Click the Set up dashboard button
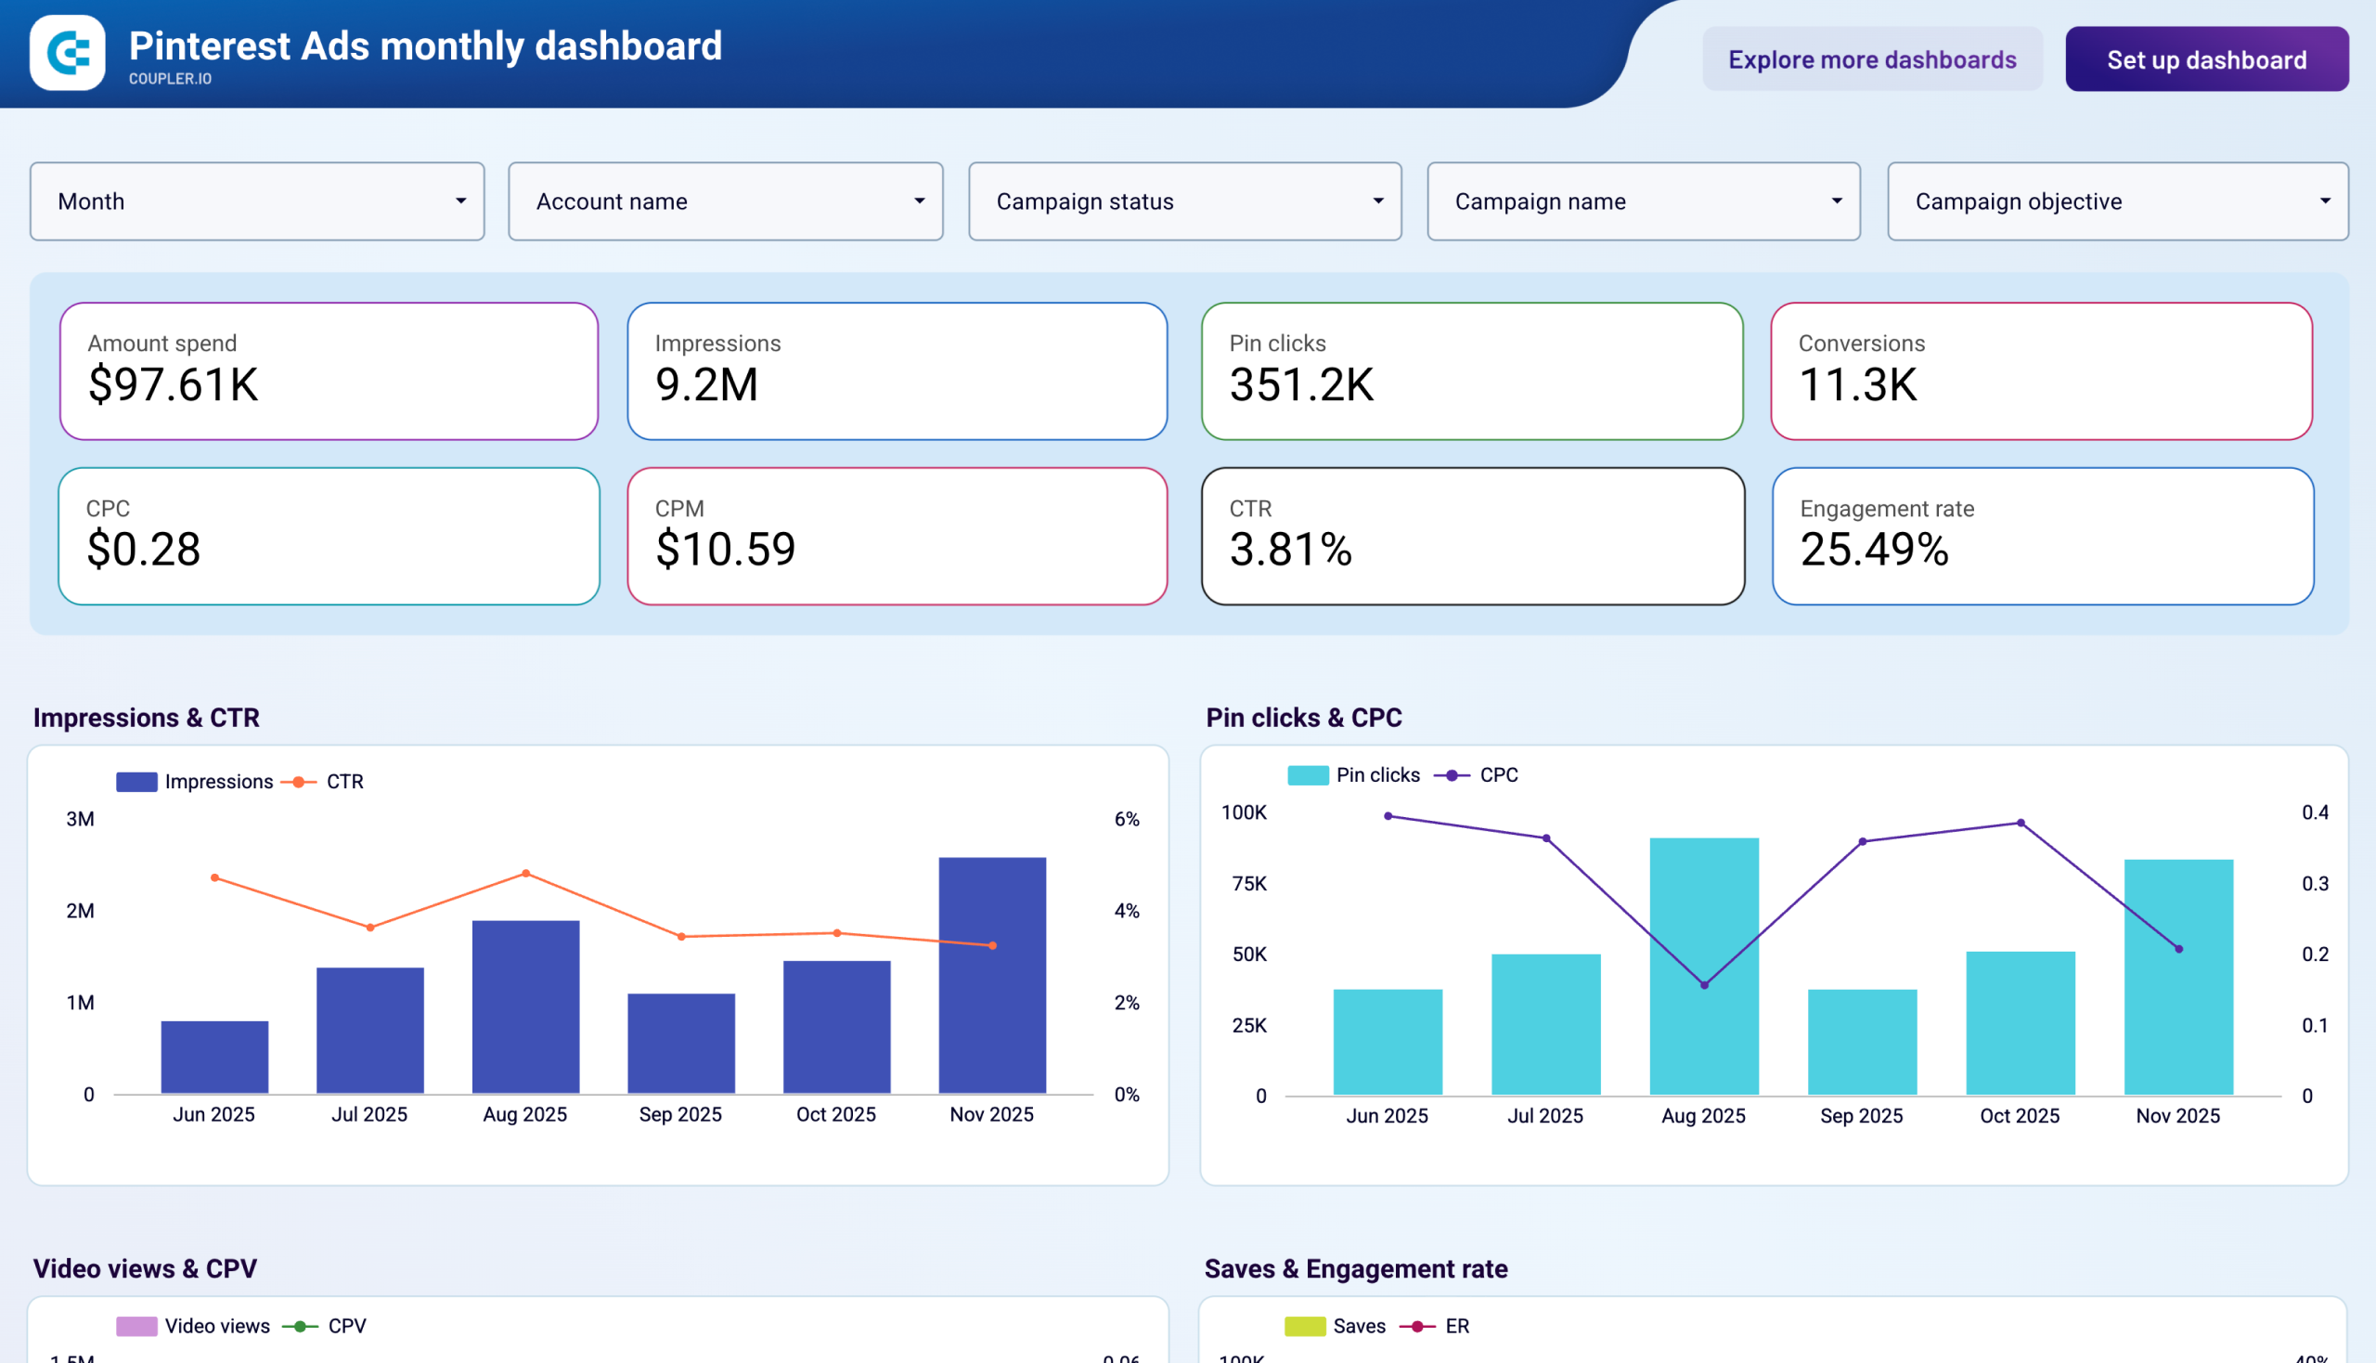tap(2205, 60)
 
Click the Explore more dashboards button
tap(1872, 60)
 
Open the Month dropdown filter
tap(257, 201)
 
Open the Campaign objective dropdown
tap(2117, 201)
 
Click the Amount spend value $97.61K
tap(174, 384)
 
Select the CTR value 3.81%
tap(1290, 550)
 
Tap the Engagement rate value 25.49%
tap(1874, 550)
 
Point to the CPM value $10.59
tap(725, 550)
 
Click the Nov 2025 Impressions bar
tap(992, 975)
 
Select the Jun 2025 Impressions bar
tap(214, 1057)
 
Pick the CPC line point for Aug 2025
tap(1704, 985)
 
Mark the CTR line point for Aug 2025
tap(526, 874)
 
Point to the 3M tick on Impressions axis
tap(81, 819)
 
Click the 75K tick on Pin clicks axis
tap(1249, 884)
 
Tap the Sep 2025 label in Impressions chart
tap(680, 1114)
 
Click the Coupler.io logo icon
tap(68, 52)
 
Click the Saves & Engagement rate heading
tap(1355, 1268)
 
